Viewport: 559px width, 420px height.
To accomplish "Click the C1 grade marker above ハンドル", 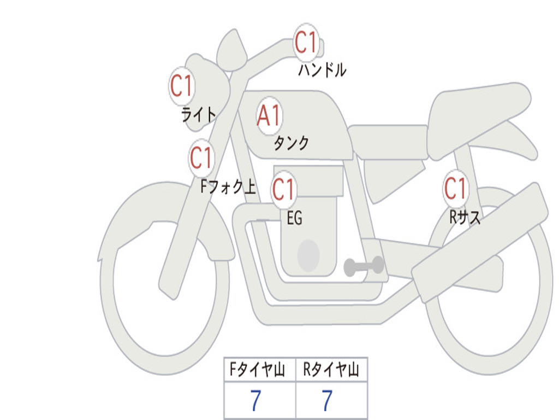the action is (306, 43).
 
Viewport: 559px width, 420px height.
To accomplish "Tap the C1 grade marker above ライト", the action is (182, 86).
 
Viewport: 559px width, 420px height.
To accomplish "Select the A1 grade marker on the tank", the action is (269, 116).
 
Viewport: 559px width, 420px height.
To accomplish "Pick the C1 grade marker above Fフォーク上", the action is (201, 159).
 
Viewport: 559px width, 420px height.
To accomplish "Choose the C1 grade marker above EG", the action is (284, 190).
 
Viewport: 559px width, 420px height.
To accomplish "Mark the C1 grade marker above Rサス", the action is (455, 189).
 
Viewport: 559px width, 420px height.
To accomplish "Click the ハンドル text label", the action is (322, 70).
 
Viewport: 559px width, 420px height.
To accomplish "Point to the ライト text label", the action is (199, 114).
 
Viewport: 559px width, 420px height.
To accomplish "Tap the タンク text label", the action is (291, 143).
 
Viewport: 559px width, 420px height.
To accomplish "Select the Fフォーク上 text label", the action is (228, 188).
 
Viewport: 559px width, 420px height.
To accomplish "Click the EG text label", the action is (294, 219).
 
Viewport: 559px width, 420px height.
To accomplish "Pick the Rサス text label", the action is (465, 218).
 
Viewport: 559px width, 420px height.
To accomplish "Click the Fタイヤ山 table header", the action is (259, 371).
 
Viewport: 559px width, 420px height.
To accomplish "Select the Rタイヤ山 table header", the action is (331, 371).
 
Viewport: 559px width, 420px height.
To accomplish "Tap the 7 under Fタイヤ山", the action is (255, 401).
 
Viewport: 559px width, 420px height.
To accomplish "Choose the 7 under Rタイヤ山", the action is (326, 401).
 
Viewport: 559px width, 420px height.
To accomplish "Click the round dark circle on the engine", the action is (308, 255).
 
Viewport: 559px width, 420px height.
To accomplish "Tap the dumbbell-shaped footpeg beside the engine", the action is (364, 266).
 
